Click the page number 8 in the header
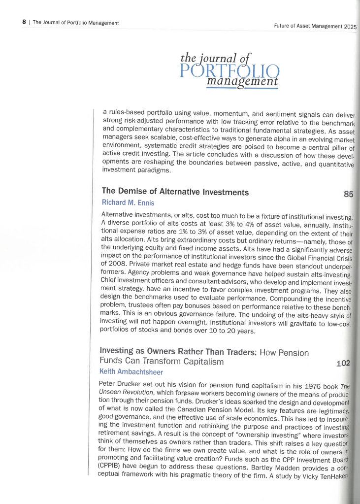[x=24, y=23]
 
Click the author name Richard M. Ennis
[x=129, y=202]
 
